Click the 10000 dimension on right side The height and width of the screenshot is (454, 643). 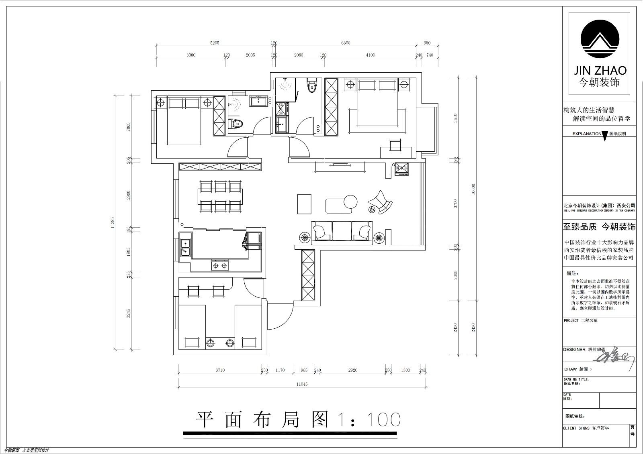point(473,189)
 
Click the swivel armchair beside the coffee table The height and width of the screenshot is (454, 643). point(381,202)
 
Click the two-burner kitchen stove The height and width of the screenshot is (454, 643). point(219,265)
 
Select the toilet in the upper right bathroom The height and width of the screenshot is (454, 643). point(312,86)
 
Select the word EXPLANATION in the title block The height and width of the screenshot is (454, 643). point(586,134)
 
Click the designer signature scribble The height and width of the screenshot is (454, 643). point(615,356)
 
